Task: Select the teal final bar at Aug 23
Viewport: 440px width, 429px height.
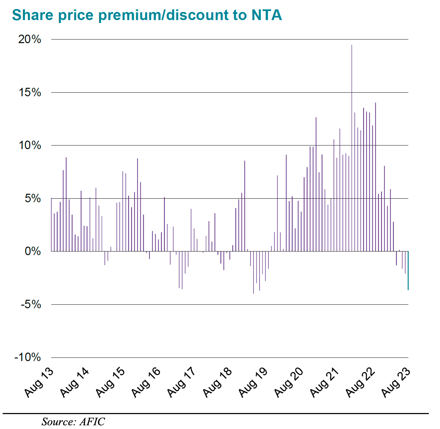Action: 408,270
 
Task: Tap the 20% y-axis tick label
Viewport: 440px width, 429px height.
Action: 30,39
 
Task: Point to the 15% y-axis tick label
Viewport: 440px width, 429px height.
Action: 30,92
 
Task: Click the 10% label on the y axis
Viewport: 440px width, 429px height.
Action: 30,145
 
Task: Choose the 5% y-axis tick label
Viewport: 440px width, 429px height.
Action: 32,199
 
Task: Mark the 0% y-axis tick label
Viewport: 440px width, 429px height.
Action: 32,251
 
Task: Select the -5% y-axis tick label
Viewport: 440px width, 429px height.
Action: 31,304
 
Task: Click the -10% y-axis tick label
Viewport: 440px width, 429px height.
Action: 28,357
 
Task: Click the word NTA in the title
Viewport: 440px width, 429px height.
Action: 267,15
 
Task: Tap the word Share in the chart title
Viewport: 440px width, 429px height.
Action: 32,15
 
